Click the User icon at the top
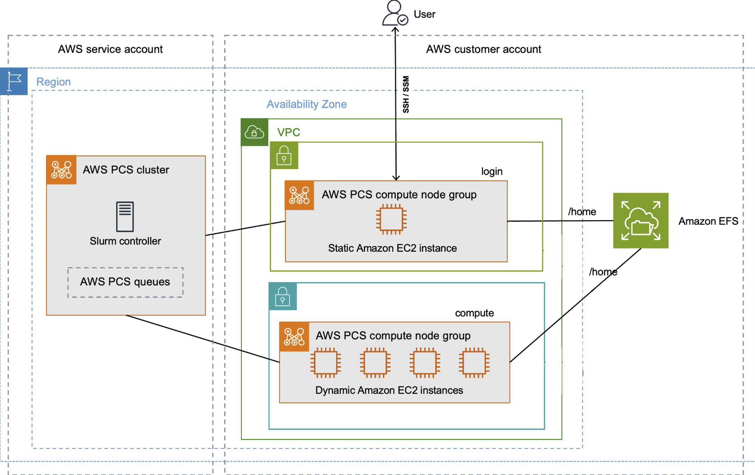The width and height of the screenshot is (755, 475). point(394,13)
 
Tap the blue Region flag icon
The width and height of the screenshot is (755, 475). point(14,81)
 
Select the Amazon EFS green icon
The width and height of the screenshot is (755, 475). point(640,221)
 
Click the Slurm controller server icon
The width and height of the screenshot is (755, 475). point(125,216)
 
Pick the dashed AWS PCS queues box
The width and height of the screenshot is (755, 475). point(125,282)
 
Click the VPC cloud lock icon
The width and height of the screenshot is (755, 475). point(254,132)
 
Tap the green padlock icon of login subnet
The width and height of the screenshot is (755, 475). point(284,156)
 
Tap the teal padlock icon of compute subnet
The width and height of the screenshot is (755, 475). point(282,296)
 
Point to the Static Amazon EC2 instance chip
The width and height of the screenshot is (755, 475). point(391,219)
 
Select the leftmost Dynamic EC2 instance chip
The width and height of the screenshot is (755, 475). point(326,363)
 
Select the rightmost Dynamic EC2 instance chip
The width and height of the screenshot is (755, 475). point(474,363)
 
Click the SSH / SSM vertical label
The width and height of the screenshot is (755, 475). point(406,94)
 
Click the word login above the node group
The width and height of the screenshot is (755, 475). point(491,172)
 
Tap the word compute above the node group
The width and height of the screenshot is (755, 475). point(474,313)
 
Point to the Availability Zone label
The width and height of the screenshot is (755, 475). point(307,104)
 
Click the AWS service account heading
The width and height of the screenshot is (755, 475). point(110,49)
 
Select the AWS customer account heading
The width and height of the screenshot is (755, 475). point(483,49)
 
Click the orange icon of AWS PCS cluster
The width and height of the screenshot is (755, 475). point(61,170)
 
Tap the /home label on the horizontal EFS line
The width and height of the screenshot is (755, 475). point(582,212)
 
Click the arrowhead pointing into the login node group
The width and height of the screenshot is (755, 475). point(396,178)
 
